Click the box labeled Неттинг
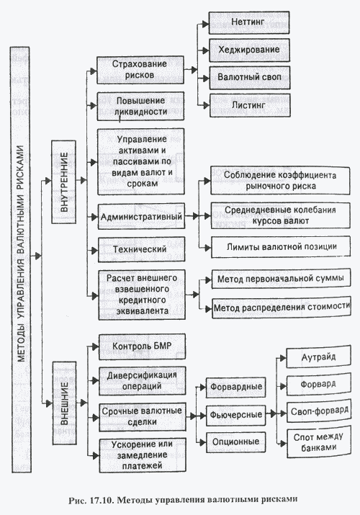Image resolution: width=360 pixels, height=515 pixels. coord(249,22)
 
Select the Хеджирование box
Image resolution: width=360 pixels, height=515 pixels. coord(249,50)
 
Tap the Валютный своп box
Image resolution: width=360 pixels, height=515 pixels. coord(250,78)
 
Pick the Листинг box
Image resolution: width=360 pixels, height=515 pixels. coord(250,105)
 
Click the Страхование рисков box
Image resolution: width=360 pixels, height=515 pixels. coord(140,70)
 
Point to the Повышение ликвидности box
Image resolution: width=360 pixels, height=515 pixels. coord(140,107)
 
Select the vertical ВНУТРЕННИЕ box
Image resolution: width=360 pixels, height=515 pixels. coord(64,182)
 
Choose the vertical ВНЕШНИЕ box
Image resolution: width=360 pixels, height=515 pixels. coord(65,403)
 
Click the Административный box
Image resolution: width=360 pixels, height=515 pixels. coord(141,216)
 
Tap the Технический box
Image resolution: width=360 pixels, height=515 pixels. coord(141,249)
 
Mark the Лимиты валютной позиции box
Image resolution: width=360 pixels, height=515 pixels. coord(281,246)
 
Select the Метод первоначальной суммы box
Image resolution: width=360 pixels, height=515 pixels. coord(281,279)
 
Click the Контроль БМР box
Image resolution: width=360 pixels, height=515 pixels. coord(142,346)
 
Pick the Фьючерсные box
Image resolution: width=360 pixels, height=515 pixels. coord(235,415)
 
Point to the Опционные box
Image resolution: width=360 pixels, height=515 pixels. coord(235,442)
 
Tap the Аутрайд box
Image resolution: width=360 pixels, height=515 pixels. coord(319,357)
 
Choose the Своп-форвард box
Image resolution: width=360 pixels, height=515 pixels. coord(319,411)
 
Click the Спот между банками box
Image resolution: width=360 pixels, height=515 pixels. coord(319,442)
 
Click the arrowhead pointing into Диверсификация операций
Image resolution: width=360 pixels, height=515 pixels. coord(96,381)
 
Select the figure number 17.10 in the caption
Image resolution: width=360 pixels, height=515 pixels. coord(101,500)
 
